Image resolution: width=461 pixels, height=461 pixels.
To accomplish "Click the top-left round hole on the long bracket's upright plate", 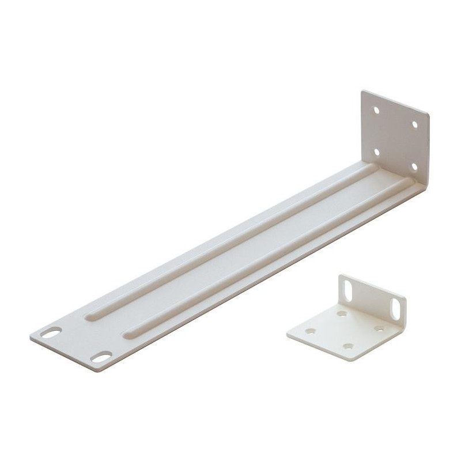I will pos(376,109).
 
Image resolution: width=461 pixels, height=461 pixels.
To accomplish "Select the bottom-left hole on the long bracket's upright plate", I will pos(376,152).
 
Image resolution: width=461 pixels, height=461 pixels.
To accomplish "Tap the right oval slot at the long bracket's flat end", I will pos(101,358).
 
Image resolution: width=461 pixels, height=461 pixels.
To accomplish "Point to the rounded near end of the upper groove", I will pos(90,316).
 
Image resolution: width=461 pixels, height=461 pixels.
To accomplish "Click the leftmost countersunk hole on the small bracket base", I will pos(312,331).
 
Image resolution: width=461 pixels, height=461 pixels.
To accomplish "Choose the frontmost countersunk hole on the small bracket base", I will pos(348,346).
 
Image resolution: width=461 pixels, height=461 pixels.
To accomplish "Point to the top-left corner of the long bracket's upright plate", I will pos(362,91).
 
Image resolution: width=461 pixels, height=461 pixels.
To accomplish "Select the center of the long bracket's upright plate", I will pos(395,138).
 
